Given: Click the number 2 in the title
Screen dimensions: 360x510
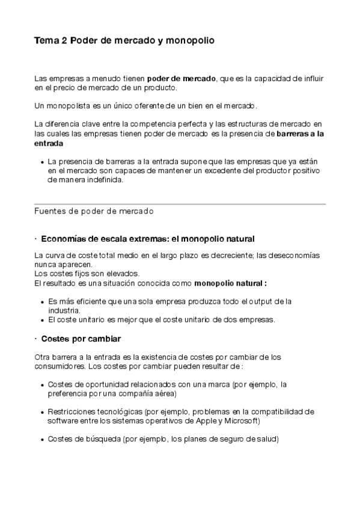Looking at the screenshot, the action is [64, 41].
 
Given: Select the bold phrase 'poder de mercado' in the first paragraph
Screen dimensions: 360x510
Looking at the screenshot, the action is [182, 78].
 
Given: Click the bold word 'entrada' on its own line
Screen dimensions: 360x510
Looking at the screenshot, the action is [49, 144].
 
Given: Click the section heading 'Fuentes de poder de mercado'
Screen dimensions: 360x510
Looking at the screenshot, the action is [94, 211].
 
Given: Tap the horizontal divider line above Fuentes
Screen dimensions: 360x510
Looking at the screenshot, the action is [180, 204].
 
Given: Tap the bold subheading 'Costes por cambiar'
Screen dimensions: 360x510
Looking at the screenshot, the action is [81, 339].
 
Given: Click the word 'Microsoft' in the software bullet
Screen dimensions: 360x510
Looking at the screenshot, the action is [239, 420].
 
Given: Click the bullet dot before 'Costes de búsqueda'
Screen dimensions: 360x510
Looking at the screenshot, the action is [41, 440].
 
